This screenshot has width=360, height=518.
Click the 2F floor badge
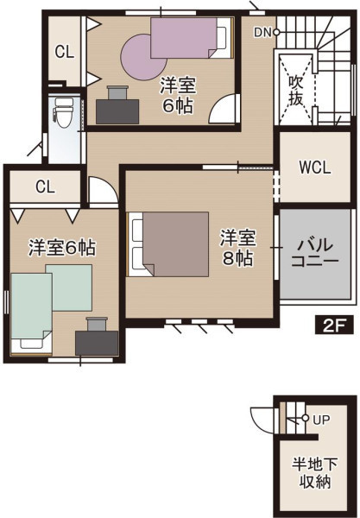334,325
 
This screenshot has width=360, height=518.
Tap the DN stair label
262,33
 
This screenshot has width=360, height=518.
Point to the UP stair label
321,420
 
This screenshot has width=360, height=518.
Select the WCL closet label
315,167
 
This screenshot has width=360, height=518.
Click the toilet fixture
63,112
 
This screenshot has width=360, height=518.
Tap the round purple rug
142,57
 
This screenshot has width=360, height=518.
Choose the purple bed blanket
184,38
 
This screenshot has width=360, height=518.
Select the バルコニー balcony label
315,253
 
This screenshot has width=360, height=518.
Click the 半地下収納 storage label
315,473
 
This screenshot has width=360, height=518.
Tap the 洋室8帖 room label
237,248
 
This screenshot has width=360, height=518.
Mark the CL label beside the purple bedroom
65,52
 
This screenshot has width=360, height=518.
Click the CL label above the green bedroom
45,187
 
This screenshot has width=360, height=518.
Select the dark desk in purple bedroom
117,111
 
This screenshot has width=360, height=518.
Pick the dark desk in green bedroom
97,344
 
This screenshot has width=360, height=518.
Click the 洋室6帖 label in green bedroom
62,248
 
